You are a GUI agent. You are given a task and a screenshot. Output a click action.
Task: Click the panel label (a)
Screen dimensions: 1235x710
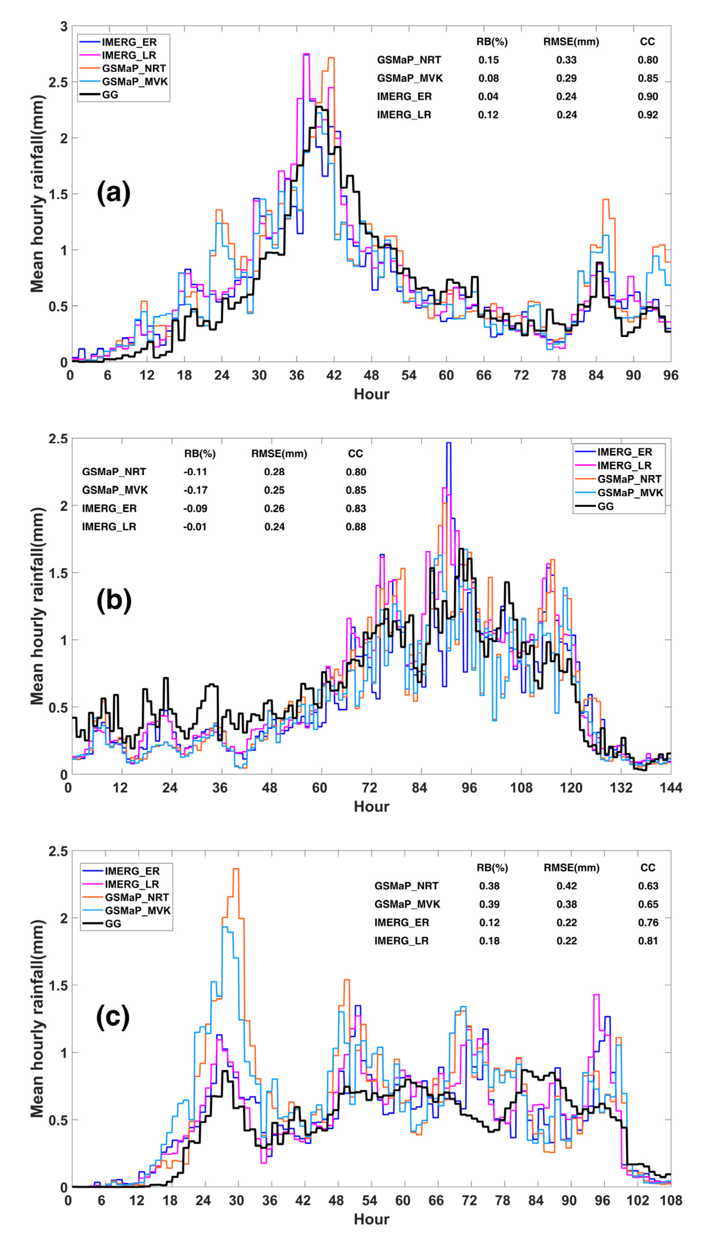coord(114,193)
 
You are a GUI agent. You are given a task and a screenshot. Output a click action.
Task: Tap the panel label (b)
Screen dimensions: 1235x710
coord(114,600)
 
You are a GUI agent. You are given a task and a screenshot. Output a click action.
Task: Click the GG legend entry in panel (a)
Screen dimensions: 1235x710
coord(110,95)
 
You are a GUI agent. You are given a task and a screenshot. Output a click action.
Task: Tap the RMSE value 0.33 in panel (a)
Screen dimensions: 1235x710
coord(566,60)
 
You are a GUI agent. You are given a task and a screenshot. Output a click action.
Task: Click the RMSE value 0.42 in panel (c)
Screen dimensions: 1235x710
coord(566,886)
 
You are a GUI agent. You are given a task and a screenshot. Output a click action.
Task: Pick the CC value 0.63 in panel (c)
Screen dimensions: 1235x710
coord(648,886)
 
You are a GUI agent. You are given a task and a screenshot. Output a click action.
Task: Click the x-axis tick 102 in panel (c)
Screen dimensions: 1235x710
coord(637,1200)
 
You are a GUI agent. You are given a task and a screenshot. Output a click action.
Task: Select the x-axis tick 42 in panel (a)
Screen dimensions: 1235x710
coord(334,375)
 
